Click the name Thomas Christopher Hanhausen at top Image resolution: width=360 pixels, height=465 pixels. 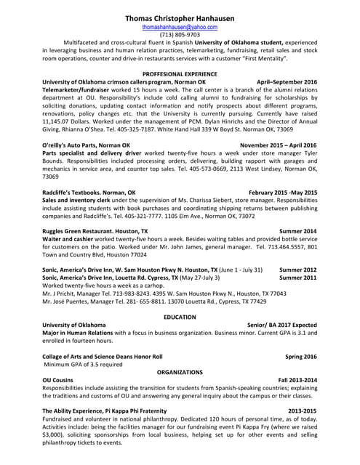pyautogui.click(x=180, y=17)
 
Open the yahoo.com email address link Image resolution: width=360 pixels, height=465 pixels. pyautogui.click(x=180, y=27)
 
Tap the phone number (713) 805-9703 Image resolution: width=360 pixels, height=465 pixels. pyautogui.click(x=180, y=35)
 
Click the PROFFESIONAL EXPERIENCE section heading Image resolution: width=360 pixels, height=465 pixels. pyautogui.click(x=180, y=75)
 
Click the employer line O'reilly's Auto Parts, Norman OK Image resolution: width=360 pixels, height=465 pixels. pyautogui.click(x=87, y=146)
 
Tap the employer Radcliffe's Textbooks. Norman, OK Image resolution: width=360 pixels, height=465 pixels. pyautogui.click(x=89, y=193)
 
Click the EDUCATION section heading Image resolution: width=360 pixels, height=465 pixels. pyautogui.click(x=180, y=317)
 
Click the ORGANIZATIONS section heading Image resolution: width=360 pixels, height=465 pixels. pyautogui.click(x=180, y=372)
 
